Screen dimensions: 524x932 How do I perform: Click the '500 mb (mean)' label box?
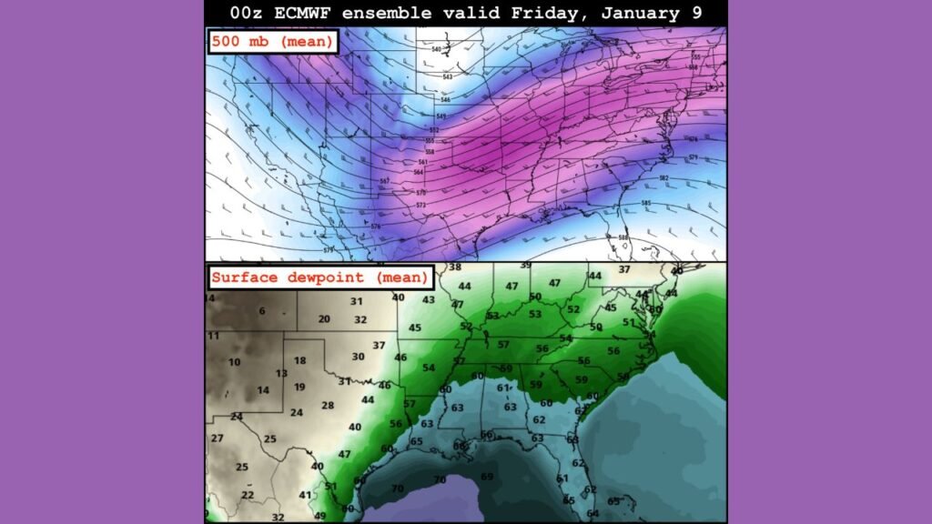[x=273, y=41]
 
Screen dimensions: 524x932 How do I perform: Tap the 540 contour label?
[x=436, y=49]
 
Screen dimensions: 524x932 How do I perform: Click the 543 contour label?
[x=447, y=76]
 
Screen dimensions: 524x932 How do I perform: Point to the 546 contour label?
[x=441, y=116]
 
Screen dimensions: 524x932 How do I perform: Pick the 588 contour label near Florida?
[x=623, y=237]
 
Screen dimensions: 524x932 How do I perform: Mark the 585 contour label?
[x=646, y=203]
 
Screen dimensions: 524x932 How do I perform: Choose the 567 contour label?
[x=385, y=181]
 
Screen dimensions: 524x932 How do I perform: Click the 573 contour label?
[x=421, y=205]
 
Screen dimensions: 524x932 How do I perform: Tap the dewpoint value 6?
[x=261, y=311]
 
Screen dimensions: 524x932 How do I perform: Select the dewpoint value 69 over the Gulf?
[x=487, y=477]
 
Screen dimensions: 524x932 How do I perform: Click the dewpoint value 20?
[x=324, y=319]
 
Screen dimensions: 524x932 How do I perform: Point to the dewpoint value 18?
[x=299, y=361]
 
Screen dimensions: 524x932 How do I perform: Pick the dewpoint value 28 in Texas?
[x=328, y=405]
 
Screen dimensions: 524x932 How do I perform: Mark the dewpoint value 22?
[x=248, y=495]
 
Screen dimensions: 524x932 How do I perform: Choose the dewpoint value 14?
[x=263, y=390]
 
